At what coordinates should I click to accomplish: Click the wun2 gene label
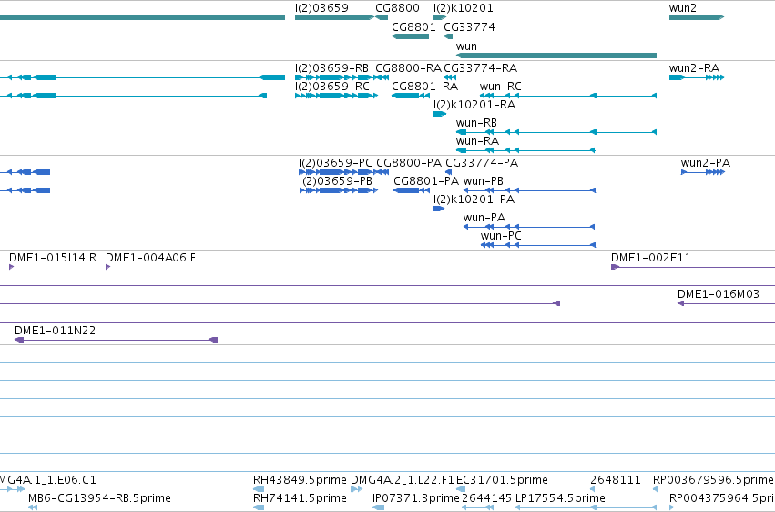click(x=683, y=8)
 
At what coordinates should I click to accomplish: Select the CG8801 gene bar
click(x=410, y=36)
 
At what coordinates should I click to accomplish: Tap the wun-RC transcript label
click(x=500, y=87)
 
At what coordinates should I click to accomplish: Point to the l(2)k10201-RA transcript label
click(x=474, y=105)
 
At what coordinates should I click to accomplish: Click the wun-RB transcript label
click(x=476, y=123)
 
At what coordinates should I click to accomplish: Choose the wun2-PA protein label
click(x=705, y=163)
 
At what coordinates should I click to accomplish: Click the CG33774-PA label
click(x=482, y=163)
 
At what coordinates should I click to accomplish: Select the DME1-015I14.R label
click(x=53, y=258)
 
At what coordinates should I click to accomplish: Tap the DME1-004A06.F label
click(x=151, y=258)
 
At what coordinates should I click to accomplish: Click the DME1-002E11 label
click(x=651, y=258)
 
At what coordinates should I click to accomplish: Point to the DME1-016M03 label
click(x=719, y=294)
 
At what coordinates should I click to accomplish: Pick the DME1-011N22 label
click(x=55, y=331)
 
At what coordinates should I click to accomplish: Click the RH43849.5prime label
click(x=300, y=480)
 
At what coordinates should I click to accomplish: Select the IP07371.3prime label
click(x=415, y=498)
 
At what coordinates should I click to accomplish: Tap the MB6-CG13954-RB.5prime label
click(x=99, y=498)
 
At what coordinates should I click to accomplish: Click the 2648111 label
click(x=616, y=480)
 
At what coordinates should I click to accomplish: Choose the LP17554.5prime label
click(x=560, y=498)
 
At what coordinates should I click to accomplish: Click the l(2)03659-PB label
click(x=336, y=181)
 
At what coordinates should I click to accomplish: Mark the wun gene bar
click(x=556, y=56)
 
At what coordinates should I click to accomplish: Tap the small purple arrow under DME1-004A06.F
click(x=107, y=267)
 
